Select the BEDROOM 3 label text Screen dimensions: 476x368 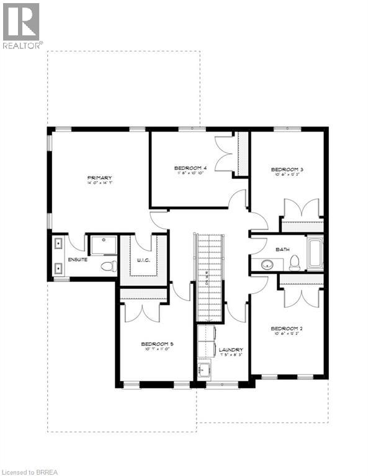coord(285,169)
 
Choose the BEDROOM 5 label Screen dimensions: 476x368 coord(156,344)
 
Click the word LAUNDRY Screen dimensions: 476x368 coord(230,350)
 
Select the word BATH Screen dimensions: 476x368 coord(282,249)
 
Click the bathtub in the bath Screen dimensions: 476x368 coord(315,254)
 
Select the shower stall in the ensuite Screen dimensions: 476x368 coord(102,245)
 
